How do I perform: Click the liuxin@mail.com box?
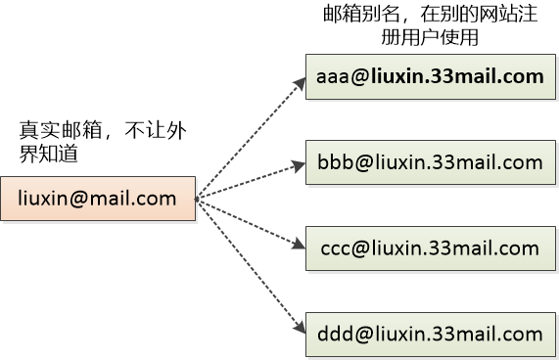[98, 199]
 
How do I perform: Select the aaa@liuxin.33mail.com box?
[429, 76]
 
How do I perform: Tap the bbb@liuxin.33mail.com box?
[429, 161]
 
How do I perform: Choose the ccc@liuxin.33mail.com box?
[429, 247]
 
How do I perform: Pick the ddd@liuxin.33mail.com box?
[429, 333]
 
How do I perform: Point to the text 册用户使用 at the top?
[430, 38]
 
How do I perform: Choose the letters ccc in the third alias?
[332, 247]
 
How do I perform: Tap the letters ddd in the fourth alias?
[328, 334]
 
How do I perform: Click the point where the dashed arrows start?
[198, 200]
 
